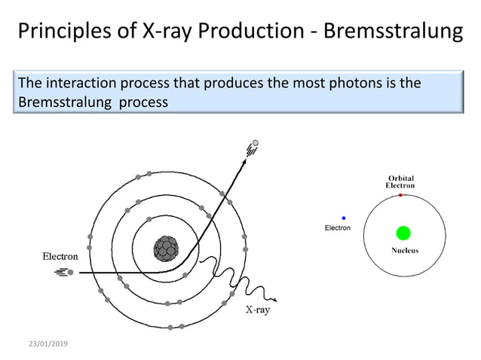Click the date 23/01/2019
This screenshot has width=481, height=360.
[x=48, y=343]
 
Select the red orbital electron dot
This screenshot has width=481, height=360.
[x=400, y=195]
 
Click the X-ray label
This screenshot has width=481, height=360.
[x=258, y=309]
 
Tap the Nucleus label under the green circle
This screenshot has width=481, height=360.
[x=405, y=251]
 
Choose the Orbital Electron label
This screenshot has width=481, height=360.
[x=400, y=182]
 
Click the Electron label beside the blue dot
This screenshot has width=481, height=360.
[x=337, y=227]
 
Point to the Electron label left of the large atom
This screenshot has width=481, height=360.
[x=60, y=256]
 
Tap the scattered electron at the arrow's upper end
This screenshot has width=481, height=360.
[x=255, y=143]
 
